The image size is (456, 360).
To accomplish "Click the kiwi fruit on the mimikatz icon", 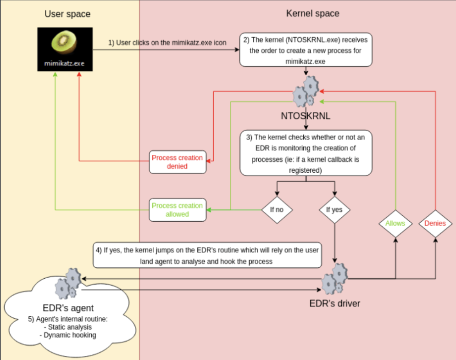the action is (x=64, y=42).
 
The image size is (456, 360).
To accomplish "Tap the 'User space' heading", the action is (x=67, y=14).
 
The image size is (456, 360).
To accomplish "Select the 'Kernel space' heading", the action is (x=312, y=13).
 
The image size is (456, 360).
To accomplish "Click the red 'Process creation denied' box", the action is (x=178, y=162).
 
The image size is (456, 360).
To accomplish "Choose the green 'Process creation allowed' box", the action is (x=178, y=210).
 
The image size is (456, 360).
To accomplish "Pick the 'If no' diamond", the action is (x=277, y=210).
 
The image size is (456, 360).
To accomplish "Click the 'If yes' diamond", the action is (x=334, y=210).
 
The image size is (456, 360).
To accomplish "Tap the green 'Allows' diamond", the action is (x=395, y=224).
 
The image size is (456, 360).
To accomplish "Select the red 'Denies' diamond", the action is (x=435, y=224).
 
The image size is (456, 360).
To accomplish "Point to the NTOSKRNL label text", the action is (x=306, y=116).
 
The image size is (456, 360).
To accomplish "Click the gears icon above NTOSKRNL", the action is (x=306, y=91).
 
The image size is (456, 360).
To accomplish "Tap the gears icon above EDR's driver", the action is (x=335, y=279).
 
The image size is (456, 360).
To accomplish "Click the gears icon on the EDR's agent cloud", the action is (x=68, y=284).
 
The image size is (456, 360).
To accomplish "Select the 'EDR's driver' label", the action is (x=335, y=304).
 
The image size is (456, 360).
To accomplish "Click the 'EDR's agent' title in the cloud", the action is (x=68, y=308).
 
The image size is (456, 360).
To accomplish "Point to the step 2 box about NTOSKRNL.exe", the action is (x=306, y=50).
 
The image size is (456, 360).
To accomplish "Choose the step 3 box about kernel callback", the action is (x=306, y=153).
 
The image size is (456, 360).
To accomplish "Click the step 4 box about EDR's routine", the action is (x=207, y=255).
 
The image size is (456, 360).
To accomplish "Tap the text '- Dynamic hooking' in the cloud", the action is (x=68, y=335).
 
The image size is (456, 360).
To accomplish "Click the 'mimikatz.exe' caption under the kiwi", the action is (x=64, y=63).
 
